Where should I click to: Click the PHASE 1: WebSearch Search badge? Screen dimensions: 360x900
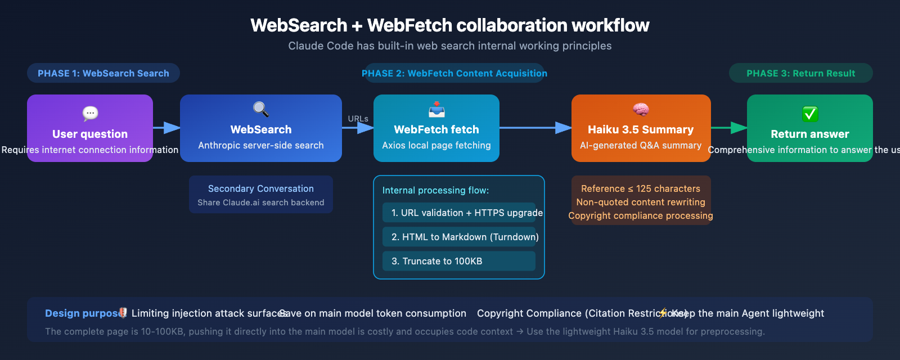(x=103, y=73)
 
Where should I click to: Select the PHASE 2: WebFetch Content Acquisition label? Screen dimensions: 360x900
(x=454, y=73)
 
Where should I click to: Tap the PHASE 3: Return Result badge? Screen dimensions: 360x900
(x=800, y=73)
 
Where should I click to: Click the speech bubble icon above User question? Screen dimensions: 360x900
(x=90, y=114)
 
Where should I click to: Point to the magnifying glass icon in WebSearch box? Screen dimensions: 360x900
(x=261, y=109)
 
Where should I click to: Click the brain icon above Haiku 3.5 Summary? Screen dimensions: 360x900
(x=641, y=109)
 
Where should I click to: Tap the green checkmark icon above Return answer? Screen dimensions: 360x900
(x=810, y=114)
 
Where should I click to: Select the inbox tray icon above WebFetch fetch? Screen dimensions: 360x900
(x=436, y=109)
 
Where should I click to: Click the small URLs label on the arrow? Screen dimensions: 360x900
(x=358, y=119)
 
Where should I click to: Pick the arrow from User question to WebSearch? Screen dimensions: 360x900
(x=166, y=128)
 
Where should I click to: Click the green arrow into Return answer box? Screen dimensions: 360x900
(x=730, y=128)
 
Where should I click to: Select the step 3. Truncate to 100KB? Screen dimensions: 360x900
(x=436, y=261)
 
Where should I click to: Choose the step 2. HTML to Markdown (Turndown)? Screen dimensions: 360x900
(x=465, y=237)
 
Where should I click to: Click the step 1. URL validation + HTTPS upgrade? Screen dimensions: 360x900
(x=466, y=213)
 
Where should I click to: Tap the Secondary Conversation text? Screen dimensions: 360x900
(x=261, y=188)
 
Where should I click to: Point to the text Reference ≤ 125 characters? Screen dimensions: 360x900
(x=641, y=188)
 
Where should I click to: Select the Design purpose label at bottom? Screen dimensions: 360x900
(x=82, y=313)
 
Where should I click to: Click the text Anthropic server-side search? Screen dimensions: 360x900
(x=261, y=145)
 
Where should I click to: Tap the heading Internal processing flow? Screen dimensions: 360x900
(x=435, y=190)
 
